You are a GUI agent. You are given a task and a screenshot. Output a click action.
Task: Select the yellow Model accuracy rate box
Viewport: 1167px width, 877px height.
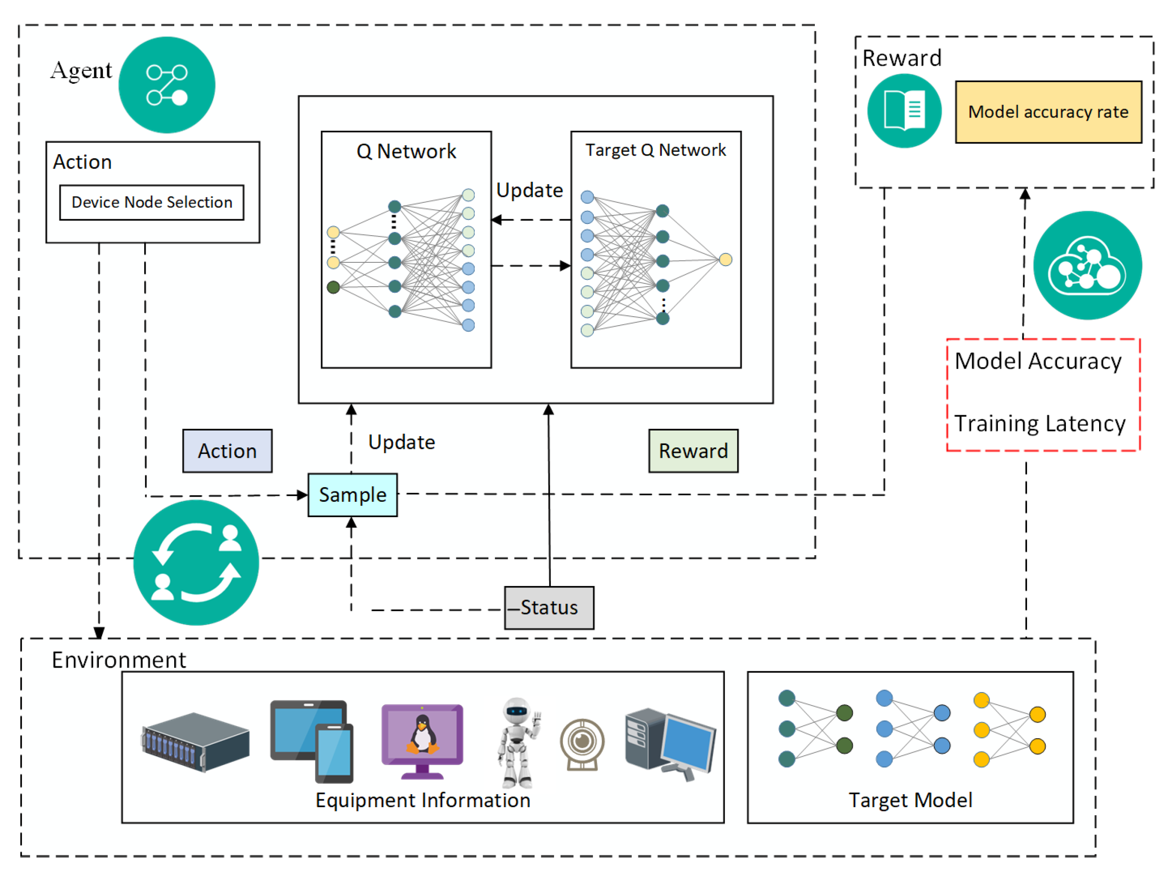coord(1049,112)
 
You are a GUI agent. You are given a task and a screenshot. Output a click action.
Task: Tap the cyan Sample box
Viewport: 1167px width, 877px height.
coord(353,495)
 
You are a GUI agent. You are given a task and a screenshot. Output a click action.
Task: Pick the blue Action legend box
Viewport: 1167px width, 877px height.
coord(228,451)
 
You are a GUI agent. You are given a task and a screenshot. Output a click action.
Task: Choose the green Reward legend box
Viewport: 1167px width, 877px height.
coord(693,451)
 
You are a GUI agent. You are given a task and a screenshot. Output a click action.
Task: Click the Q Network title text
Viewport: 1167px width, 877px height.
coord(406,151)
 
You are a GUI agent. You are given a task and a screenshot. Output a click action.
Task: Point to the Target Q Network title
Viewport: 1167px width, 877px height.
coord(656,150)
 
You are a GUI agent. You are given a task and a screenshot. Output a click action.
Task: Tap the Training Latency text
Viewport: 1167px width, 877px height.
coord(1040,423)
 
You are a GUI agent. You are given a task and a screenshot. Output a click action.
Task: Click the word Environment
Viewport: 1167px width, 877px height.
coord(118,660)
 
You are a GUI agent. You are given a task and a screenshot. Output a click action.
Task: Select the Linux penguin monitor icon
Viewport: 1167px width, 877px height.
coord(422,742)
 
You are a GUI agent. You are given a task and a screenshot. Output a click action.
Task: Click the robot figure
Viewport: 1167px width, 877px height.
coord(518,743)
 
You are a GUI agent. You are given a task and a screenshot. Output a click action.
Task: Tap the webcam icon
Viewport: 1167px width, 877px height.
coord(582,744)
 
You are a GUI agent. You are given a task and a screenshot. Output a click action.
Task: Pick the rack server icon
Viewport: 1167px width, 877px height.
coord(195,742)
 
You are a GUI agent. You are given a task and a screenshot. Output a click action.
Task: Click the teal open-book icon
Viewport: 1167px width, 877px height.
coord(904,111)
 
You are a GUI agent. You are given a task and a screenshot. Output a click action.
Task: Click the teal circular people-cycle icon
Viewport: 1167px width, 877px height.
coord(196,563)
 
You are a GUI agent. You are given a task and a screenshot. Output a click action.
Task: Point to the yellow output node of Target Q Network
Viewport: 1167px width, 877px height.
coord(725,259)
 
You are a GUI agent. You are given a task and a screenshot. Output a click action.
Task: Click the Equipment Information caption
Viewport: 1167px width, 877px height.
coord(422,801)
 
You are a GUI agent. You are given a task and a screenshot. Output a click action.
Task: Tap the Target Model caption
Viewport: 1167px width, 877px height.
coord(910,801)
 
